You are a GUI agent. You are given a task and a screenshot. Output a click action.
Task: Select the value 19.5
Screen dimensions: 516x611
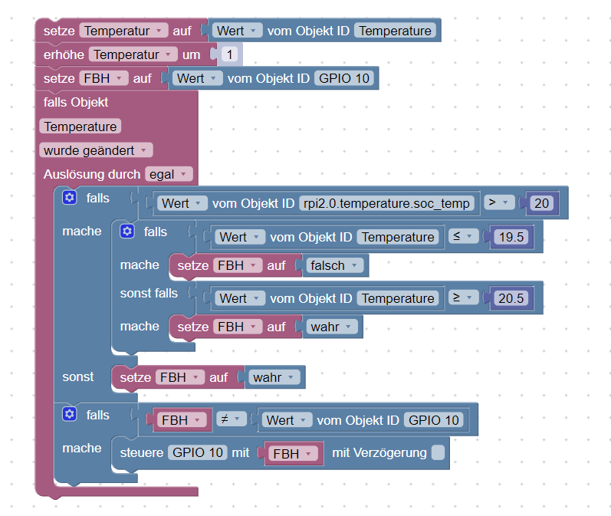point(511,237)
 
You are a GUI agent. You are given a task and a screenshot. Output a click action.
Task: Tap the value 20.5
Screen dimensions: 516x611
point(511,298)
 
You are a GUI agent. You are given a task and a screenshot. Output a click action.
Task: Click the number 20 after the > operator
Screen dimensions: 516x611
point(542,203)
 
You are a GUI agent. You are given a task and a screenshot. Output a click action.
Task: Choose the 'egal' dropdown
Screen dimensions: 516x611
point(169,174)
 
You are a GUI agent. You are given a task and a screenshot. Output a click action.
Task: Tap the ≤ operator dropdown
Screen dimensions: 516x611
point(462,237)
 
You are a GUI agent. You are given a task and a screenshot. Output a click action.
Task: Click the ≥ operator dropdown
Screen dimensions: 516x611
point(462,297)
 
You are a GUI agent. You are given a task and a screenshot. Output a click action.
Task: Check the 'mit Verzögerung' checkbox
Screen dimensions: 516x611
point(437,452)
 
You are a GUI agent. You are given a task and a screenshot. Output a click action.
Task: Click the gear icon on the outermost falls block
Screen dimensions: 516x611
point(70,198)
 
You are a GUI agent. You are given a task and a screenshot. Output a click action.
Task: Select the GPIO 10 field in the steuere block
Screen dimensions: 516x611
point(197,452)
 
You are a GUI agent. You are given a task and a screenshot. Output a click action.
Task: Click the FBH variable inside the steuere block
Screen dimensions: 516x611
point(291,454)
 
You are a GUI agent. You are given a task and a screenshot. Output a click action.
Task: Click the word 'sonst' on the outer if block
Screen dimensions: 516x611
point(78,376)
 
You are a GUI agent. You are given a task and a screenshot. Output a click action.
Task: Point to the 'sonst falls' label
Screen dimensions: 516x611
point(149,293)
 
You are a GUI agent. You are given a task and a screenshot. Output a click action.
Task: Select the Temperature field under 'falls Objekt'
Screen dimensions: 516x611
point(80,127)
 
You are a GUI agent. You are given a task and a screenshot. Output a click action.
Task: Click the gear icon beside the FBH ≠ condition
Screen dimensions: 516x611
point(70,415)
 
